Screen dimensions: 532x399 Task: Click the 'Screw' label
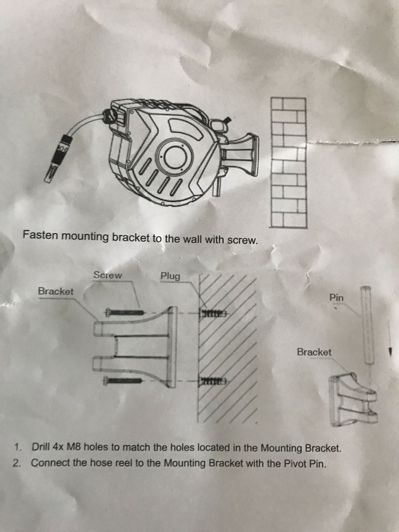108,275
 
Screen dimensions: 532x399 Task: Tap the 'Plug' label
170,276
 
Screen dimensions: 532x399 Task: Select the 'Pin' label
337,298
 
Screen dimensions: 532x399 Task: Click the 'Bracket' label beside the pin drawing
314,352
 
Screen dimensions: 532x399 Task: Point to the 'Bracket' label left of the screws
55,291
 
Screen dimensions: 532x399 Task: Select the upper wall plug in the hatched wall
213,313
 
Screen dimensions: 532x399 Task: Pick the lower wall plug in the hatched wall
213,381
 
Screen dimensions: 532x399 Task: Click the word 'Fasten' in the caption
40,234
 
